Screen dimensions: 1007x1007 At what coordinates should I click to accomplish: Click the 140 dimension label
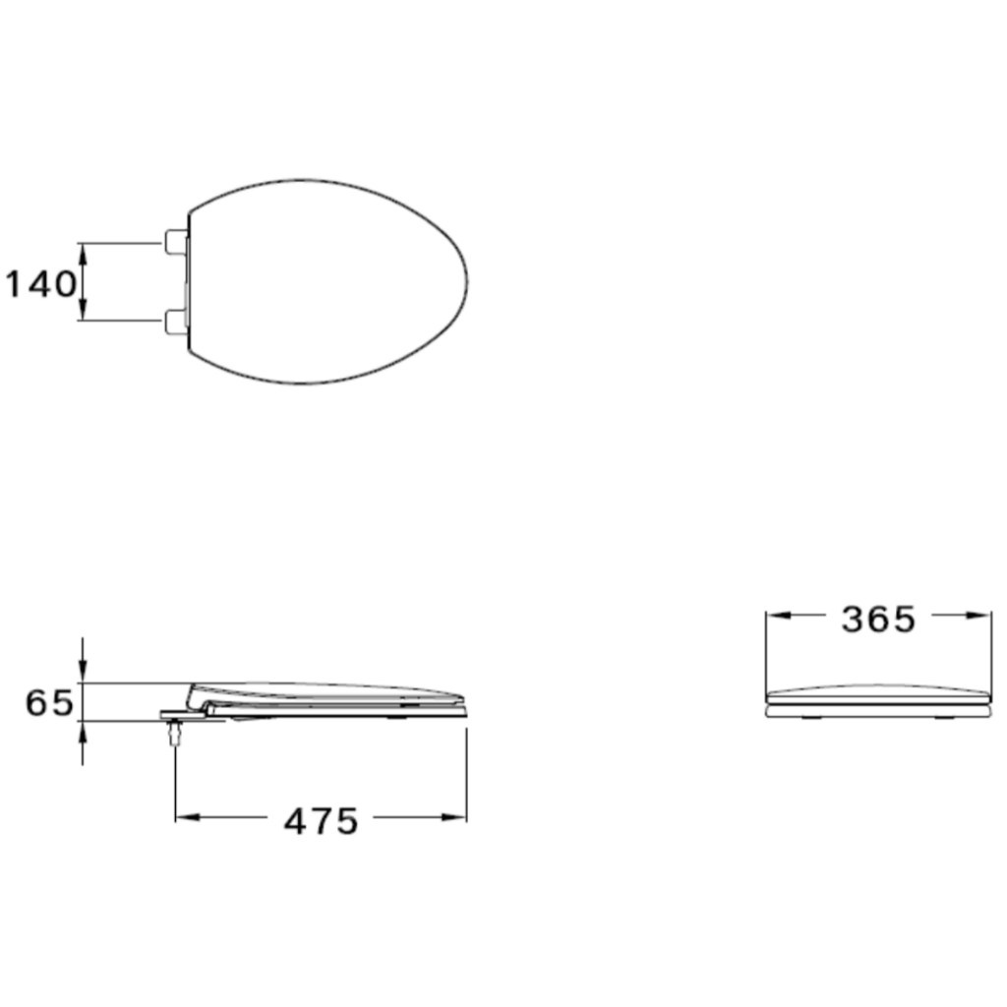point(40,284)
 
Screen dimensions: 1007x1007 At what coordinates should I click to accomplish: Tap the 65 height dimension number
point(49,702)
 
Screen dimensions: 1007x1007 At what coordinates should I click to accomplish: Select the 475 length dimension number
point(321,821)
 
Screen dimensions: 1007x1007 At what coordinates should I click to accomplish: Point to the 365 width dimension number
point(878,620)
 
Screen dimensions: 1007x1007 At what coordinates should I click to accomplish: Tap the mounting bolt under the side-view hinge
point(174,732)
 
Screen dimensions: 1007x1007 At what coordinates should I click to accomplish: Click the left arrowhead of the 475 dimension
point(187,817)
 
